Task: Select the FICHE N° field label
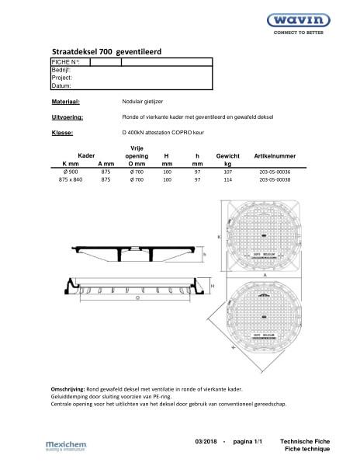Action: pyautogui.click(x=65, y=61)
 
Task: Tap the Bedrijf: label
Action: pyautogui.click(x=61, y=70)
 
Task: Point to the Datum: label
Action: pyautogui.click(x=61, y=85)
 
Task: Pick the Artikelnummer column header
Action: pyautogui.click(x=275, y=156)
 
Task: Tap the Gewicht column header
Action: pyautogui.click(x=227, y=156)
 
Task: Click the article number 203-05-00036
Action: pyautogui.click(x=275, y=172)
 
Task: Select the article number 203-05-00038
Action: pyautogui.click(x=275, y=181)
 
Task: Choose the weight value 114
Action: pyautogui.click(x=227, y=181)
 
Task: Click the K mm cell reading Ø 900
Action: pyautogui.click(x=70, y=172)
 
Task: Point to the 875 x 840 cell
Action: pyautogui.click(x=70, y=181)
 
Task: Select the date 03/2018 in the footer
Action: pyautogui.click(x=207, y=441)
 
